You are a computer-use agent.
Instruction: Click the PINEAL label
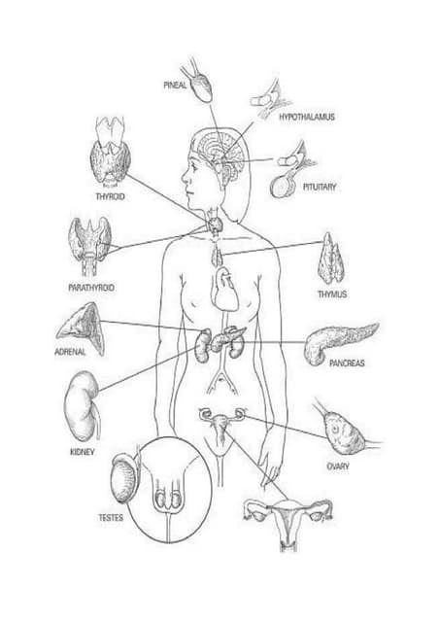tap(175, 86)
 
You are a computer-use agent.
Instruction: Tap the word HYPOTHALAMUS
tap(307, 117)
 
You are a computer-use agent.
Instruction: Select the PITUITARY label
tap(320, 187)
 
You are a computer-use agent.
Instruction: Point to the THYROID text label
tap(110, 196)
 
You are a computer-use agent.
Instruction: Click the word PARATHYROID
tap(91, 288)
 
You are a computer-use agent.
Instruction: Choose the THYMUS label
tap(332, 294)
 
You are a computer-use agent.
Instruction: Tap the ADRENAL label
tap(70, 352)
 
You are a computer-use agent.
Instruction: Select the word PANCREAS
tap(347, 363)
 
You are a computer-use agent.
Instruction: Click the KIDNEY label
tap(83, 452)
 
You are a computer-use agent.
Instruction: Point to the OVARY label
tap(338, 466)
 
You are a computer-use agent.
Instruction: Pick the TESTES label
tap(111, 518)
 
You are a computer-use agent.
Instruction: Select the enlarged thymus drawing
tap(330, 259)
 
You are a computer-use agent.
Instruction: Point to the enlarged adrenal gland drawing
tap(83, 328)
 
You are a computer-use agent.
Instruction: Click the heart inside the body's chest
tap(224, 290)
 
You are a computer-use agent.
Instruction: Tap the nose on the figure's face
tap(185, 176)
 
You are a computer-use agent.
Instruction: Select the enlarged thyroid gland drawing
tap(110, 153)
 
